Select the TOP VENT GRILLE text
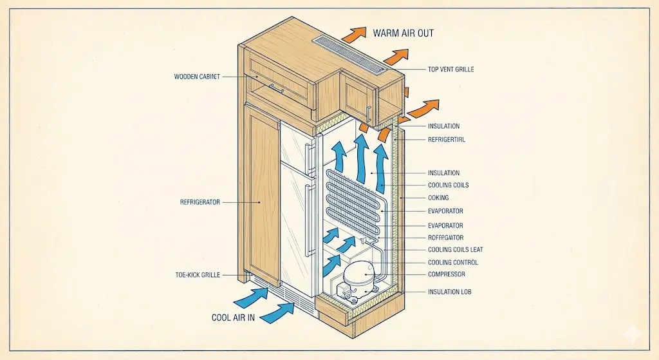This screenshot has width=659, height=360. pyautogui.click(x=450, y=70)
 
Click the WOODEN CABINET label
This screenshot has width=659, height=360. pyautogui.click(x=197, y=77)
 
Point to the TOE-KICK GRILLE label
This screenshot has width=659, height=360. pyautogui.click(x=197, y=275)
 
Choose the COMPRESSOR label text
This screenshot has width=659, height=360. pyautogui.click(x=446, y=274)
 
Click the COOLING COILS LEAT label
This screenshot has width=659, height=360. pyautogui.click(x=455, y=250)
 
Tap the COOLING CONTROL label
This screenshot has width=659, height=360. pyautogui.click(x=452, y=263)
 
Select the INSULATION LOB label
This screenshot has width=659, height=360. pyautogui.click(x=449, y=292)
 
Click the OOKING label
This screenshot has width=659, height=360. pyautogui.click(x=438, y=198)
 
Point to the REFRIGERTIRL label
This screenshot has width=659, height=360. pyautogui.click(x=450, y=139)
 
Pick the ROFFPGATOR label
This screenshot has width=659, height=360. pyautogui.click(x=445, y=238)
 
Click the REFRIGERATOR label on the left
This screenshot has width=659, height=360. pyautogui.click(x=200, y=202)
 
